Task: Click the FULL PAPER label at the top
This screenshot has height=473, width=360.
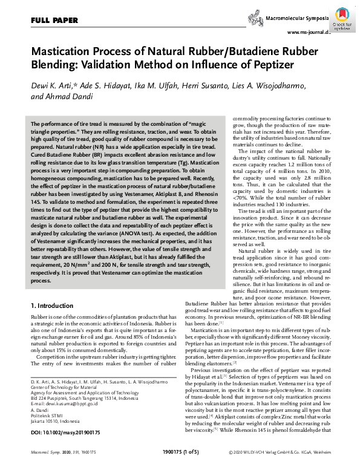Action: pyautogui.click(x=54, y=21)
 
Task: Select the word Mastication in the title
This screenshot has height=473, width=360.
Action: pyautogui.click(x=63, y=52)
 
